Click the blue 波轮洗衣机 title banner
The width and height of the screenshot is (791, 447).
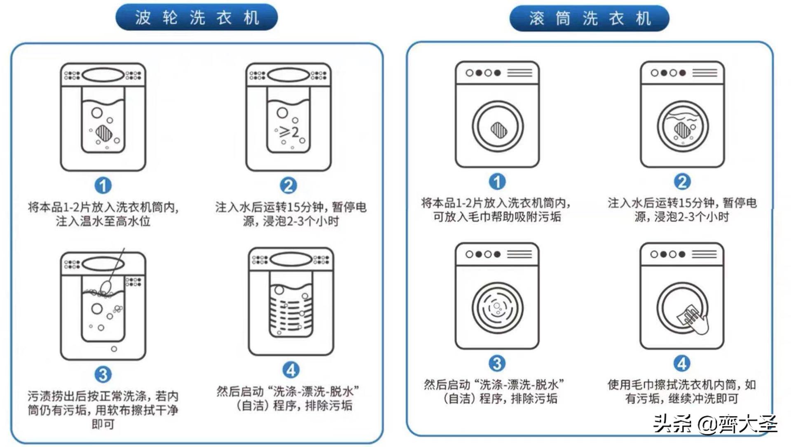(197, 17)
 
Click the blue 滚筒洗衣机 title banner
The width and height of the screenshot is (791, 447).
(589, 19)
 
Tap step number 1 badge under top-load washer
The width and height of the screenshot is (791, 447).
(103, 186)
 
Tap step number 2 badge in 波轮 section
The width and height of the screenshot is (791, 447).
(288, 186)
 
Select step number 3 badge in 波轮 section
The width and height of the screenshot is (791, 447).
(103, 375)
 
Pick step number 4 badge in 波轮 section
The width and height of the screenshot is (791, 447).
(291, 370)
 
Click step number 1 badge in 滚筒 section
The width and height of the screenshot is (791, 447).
(497, 182)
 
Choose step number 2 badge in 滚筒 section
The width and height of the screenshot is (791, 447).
(682, 182)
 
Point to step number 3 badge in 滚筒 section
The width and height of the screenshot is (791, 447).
(497, 364)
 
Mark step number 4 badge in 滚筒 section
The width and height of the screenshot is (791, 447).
(682, 364)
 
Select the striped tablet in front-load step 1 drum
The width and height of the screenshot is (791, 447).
(498, 130)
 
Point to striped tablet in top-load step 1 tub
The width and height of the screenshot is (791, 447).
(103, 133)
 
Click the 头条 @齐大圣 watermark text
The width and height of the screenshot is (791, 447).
(715, 423)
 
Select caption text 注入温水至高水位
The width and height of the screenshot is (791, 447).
(103, 221)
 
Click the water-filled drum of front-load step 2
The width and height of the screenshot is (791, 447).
(682, 126)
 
